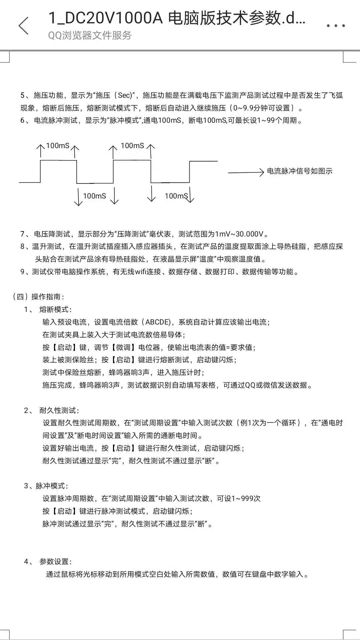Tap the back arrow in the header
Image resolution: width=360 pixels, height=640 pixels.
(x=23, y=26)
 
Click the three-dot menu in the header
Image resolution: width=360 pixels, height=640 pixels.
(x=336, y=26)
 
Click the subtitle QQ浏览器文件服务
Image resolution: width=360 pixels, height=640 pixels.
(x=90, y=35)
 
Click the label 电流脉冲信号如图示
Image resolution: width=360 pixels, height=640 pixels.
(x=300, y=171)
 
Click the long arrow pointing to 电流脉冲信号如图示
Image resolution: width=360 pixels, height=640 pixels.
(x=246, y=172)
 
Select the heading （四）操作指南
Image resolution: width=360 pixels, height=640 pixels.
(x=38, y=297)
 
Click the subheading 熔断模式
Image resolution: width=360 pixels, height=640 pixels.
(x=55, y=309)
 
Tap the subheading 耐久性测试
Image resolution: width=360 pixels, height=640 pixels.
(x=59, y=411)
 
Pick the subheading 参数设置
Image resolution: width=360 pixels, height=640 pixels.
(x=55, y=562)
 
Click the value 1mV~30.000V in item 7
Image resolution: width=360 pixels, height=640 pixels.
(x=239, y=234)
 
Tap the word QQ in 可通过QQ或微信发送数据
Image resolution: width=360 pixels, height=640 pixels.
(x=250, y=385)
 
